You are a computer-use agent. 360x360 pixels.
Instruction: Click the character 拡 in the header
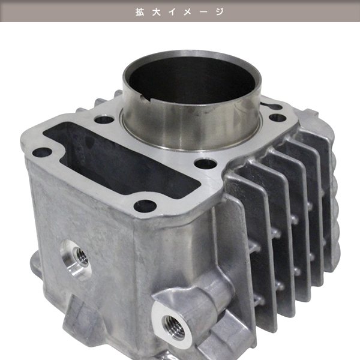coord(140,12)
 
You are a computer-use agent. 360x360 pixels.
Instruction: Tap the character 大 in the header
coord(156,12)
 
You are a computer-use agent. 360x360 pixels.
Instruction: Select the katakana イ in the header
coord(172,12)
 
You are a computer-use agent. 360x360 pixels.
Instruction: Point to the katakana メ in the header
coord(187,12)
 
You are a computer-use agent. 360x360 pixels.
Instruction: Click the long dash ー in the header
coord(203,12)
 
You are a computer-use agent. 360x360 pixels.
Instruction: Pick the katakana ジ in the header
coord(220,12)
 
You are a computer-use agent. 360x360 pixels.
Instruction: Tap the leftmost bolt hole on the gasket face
coord(42,152)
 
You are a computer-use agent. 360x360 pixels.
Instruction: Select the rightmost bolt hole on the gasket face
coord(277,118)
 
